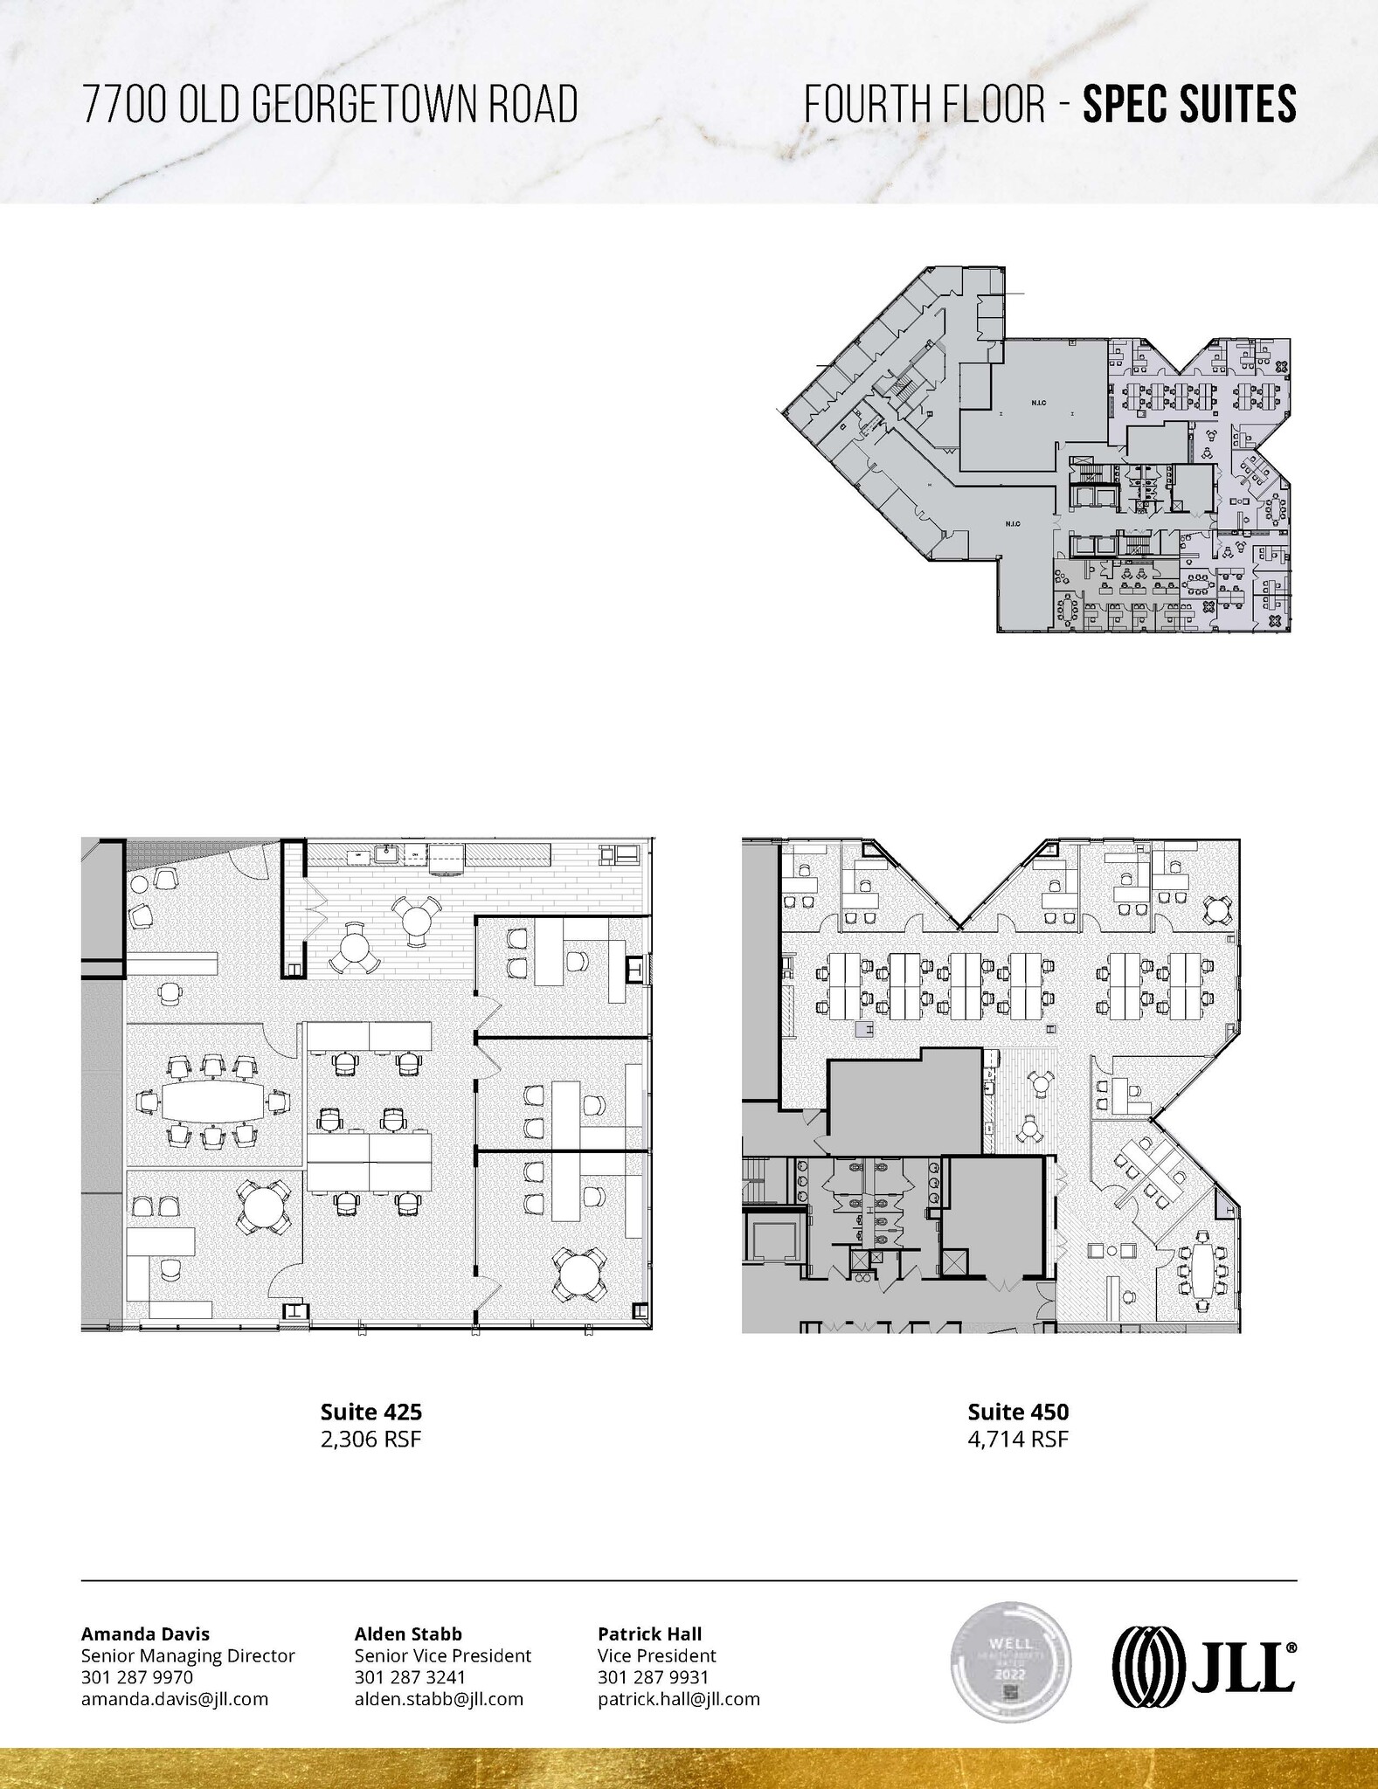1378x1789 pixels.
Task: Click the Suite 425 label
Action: [x=370, y=1412]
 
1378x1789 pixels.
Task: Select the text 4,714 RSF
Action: [x=1018, y=1439]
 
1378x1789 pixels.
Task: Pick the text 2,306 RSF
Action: [x=370, y=1439]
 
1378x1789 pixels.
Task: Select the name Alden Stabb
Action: [x=408, y=1634]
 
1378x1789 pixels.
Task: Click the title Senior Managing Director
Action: [x=188, y=1655]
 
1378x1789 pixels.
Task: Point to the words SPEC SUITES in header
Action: [x=1189, y=104]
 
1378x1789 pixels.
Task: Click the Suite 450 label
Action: [x=1018, y=1412]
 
